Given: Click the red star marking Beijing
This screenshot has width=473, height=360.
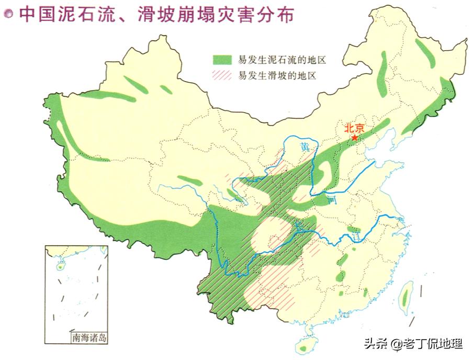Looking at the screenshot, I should [355, 138].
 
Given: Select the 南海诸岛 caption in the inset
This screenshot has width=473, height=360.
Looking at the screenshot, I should [89, 337].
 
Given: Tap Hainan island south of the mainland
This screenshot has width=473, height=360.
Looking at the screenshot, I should [304, 345].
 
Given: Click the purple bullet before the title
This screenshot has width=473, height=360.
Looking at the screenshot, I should [8, 14].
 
